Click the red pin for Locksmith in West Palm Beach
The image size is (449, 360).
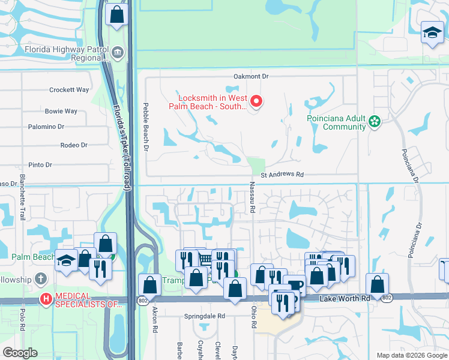tap(256, 101)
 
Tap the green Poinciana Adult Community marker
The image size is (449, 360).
tap(375, 122)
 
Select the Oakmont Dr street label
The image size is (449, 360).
tap(252, 77)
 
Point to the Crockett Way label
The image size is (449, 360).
tap(69, 90)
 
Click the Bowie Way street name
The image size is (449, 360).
tap(61, 111)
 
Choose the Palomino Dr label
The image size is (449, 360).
tap(46, 127)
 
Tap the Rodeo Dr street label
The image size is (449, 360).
tap(74, 145)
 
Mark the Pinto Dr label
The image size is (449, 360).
tap(41, 165)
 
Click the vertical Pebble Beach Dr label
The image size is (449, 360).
tap(145, 126)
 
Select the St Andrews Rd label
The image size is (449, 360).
tap(282, 175)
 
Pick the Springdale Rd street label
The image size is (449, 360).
tap(204, 316)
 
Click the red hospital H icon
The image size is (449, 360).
tap(46, 299)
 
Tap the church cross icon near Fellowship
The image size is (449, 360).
tap(40, 279)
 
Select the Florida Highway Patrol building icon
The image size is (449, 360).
tap(118, 52)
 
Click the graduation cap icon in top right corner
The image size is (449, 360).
tap(432, 32)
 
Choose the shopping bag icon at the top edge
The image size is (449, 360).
tap(117, 14)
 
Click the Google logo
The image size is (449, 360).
tap(20, 353)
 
